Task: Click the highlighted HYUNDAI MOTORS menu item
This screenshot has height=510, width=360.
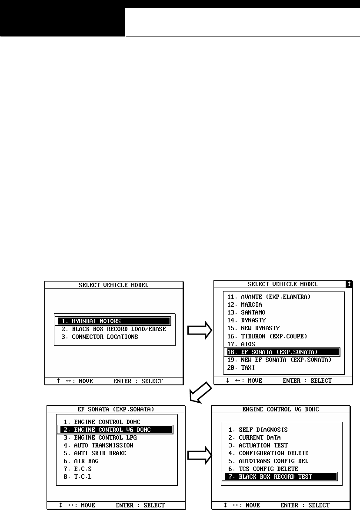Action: click(113, 321)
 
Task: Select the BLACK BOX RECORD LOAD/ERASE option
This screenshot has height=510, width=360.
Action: click(113, 329)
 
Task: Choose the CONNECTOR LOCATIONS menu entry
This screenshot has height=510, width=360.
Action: click(105, 337)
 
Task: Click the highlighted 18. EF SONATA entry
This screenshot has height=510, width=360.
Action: click(282, 352)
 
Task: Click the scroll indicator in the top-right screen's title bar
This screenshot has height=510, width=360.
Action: click(349, 284)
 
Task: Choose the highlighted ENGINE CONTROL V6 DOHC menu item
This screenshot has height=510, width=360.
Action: click(115, 430)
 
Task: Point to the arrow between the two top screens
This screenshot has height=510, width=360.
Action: click(199, 331)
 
